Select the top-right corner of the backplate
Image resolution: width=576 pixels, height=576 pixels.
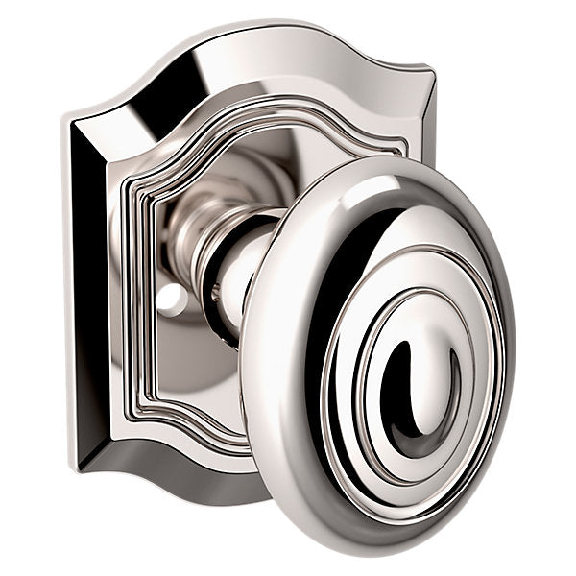click(430, 69)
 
